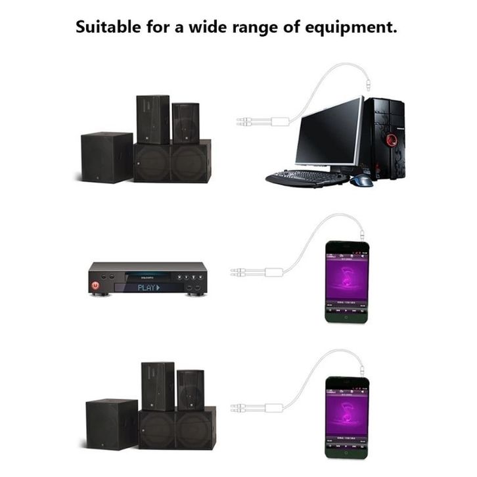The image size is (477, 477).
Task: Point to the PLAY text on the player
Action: click(x=147, y=287)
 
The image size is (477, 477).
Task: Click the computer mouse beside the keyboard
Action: click(x=361, y=180)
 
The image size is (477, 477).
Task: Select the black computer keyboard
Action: click(x=306, y=177)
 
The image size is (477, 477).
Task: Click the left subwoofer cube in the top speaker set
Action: click(x=106, y=157)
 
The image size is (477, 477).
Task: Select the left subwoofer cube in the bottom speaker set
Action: click(x=111, y=424)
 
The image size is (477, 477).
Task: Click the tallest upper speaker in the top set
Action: click(x=152, y=120)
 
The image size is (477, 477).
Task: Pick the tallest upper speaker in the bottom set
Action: click(x=158, y=386)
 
